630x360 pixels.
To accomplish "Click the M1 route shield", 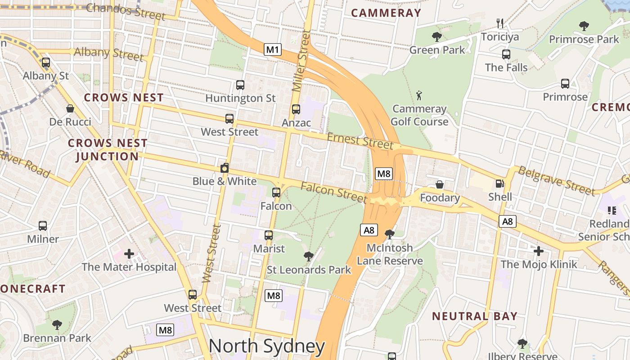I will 273,49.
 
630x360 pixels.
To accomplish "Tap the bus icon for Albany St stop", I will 46,63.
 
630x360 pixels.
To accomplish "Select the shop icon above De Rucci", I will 70,108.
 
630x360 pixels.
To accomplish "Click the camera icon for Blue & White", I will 225,168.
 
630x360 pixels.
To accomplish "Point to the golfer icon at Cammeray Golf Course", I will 419,95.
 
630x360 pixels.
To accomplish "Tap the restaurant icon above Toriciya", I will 499,23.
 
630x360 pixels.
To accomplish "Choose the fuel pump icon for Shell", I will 499,184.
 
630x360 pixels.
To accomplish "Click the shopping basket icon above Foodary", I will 440,184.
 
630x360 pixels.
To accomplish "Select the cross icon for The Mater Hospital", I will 129,254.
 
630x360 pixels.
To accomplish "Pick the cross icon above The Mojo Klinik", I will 539,251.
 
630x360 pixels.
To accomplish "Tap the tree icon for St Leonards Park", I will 309,256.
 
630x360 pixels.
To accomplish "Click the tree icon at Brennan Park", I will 57,324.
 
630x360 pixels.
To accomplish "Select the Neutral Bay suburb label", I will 475,316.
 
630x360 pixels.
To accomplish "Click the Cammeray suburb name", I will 386,13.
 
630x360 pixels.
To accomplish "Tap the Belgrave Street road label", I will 556,180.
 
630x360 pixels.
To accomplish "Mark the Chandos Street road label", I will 126,11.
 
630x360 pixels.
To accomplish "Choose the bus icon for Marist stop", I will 269,235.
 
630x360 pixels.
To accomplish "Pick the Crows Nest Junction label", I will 108,150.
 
